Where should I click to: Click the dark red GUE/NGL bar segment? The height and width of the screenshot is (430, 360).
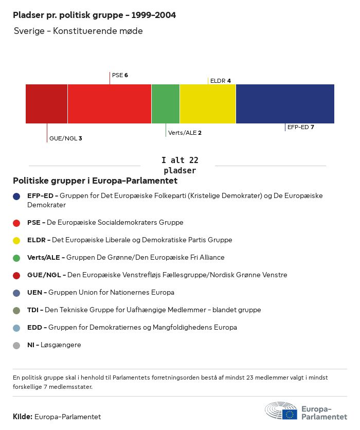click(x=46, y=104)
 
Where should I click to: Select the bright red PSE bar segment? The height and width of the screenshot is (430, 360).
click(x=109, y=104)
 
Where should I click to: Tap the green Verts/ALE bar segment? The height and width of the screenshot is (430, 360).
click(x=166, y=104)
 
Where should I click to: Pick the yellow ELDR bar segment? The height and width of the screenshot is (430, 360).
click(x=208, y=104)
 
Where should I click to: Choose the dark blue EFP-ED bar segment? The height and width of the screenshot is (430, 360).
click(x=285, y=104)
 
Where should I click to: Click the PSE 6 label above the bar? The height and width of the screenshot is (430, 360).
click(x=120, y=75)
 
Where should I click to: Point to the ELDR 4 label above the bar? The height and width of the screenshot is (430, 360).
click(x=221, y=81)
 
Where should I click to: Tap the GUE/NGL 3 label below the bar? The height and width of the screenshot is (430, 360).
click(x=65, y=138)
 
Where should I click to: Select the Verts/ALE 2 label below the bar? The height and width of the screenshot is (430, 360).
click(x=185, y=133)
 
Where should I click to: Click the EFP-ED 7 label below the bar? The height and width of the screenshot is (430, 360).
click(x=300, y=127)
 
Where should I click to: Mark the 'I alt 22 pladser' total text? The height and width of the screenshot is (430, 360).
click(x=179, y=166)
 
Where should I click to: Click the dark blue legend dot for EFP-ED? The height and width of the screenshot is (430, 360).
click(x=17, y=196)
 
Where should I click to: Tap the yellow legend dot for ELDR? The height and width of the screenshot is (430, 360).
click(x=17, y=240)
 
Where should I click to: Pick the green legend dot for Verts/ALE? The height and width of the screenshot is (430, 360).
click(x=17, y=258)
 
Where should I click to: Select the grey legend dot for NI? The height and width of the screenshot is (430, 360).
click(x=17, y=345)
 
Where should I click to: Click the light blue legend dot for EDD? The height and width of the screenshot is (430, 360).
click(x=17, y=328)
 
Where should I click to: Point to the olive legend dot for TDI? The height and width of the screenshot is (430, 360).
click(x=17, y=310)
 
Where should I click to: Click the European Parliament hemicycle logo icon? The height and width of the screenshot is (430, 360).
click(x=281, y=411)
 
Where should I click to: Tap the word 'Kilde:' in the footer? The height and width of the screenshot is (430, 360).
click(x=23, y=417)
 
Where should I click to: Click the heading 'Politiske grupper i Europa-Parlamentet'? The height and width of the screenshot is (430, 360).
click(x=95, y=181)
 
